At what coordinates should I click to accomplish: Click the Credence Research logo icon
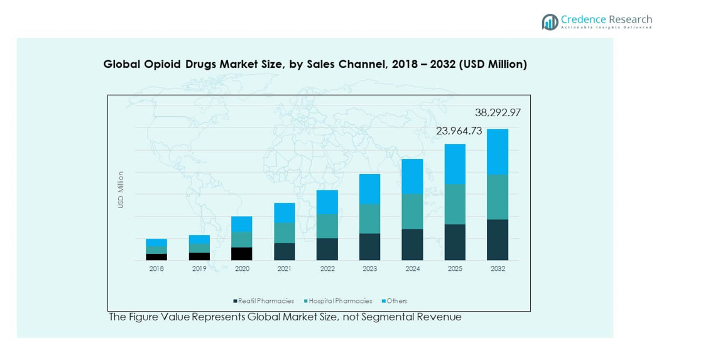point(550,21)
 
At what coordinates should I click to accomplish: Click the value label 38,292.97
point(498,113)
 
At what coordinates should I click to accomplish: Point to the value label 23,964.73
point(459,131)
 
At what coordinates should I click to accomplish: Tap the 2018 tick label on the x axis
point(156,269)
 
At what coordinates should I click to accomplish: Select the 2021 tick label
point(284,269)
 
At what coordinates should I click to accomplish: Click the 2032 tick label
point(498,269)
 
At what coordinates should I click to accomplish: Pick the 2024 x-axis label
point(412,269)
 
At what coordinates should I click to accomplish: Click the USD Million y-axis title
point(121,190)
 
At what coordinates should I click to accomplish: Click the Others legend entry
point(396,301)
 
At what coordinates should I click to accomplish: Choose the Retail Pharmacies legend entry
point(266,301)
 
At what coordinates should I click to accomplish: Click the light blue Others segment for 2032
point(498,151)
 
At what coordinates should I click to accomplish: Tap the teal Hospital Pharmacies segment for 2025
point(455,204)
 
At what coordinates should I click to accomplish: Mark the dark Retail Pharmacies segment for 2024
point(412,244)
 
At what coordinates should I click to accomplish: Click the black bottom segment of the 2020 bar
point(242,254)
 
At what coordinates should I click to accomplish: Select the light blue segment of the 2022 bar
point(327,202)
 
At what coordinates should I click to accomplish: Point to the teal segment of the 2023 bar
point(369,219)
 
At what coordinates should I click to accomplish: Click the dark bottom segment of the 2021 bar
point(284,251)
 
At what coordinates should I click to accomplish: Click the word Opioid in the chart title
point(151,64)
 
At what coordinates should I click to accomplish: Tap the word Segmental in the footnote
point(387,317)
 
